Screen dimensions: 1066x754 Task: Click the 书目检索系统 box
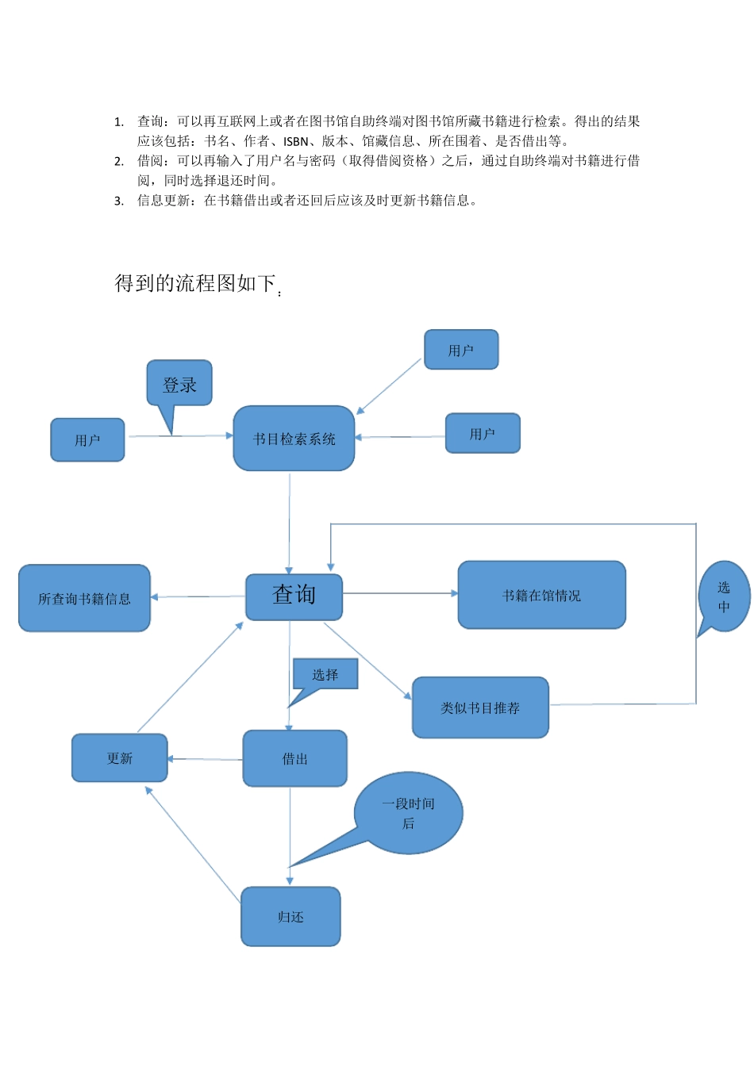tap(294, 439)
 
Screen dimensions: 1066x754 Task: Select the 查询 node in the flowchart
tap(294, 596)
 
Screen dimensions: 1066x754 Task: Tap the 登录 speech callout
tap(179, 384)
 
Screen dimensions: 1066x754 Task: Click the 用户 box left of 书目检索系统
tap(87, 440)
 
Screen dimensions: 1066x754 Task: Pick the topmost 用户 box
tap(461, 350)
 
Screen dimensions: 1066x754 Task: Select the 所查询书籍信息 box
tap(84, 599)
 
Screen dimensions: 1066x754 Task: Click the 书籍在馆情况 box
tap(541, 595)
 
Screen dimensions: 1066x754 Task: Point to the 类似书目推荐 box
tap(480, 707)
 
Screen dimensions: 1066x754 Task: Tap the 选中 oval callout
tap(724, 596)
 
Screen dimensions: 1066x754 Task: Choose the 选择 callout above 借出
tap(325, 674)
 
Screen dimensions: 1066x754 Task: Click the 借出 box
tap(294, 759)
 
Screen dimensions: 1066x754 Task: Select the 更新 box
tap(120, 758)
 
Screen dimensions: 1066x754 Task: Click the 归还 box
tap(290, 917)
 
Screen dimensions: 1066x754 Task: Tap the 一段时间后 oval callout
tap(409, 813)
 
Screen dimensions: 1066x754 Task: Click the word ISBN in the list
tap(295, 142)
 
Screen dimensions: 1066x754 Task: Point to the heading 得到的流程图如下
tap(195, 283)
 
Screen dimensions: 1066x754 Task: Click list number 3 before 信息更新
tap(119, 201)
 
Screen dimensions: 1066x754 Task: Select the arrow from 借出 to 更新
tap(205, 759)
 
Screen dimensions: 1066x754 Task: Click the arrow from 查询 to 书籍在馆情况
tap(400, 593)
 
